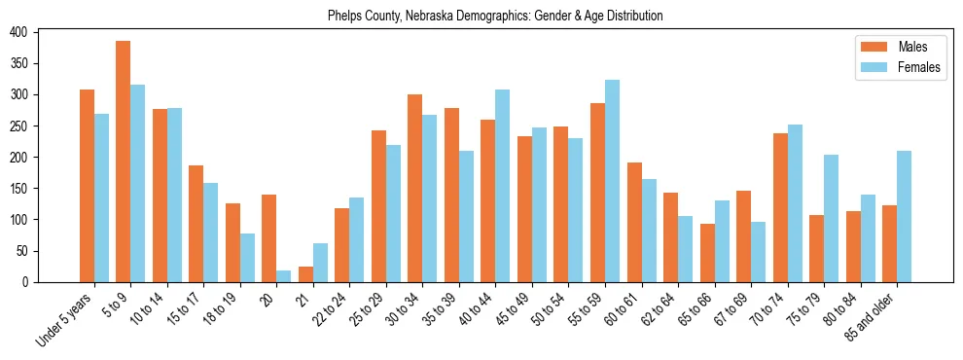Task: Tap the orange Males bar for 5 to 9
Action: (x=124, y=162)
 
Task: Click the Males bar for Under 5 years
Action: (x=87, y=186)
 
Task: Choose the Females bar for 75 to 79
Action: (x=831, y=218)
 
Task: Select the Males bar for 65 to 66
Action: (x=707, y=253)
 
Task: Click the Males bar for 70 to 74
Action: (x=780, y=207)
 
